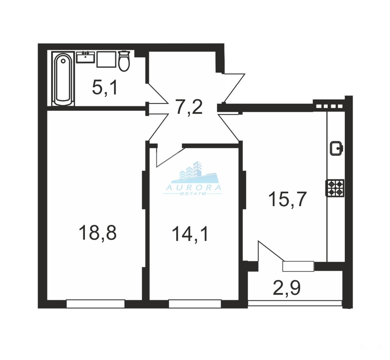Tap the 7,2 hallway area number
click(x=189, y=107)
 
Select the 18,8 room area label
click(x=97, y=233)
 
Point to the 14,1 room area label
click(x=190, y=234)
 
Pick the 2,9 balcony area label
click(x=287, y=289)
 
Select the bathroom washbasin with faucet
click(x=85, y=57)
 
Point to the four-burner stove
click(x=335, y=188)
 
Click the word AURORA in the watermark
click(x=194, y=188)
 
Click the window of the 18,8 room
click(x=96, y=304)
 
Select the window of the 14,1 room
click(x=195, y=304)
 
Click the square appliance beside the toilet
click(x=106, y=59)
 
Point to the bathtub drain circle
click(x=63, y=61)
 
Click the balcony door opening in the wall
click(x=298, y=266)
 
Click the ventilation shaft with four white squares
click(x=329, y=106)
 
